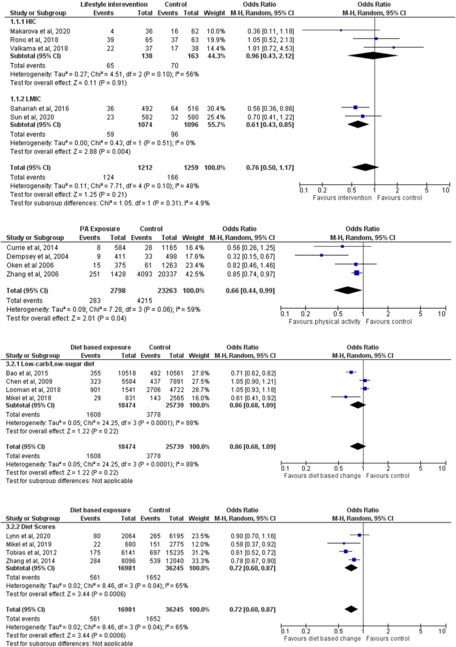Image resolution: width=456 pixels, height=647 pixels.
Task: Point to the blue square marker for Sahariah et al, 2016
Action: (355, 107)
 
